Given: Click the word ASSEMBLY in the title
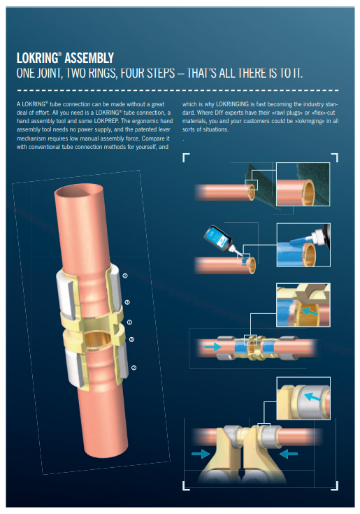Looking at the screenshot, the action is coord(89,58).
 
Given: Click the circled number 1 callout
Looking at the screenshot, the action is coord(129,322).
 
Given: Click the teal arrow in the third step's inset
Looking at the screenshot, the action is coord(310,311).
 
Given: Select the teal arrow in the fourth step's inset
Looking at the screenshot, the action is coord(312,397).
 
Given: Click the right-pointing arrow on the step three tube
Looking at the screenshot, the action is coord(213,346).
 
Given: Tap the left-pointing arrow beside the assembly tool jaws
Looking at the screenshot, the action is coord(288,454).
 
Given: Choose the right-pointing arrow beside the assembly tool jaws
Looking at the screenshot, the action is coord(201,454).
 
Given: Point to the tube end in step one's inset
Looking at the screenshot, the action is coord(308,192).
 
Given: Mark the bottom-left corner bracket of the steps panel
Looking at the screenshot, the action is coord(186,486).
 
